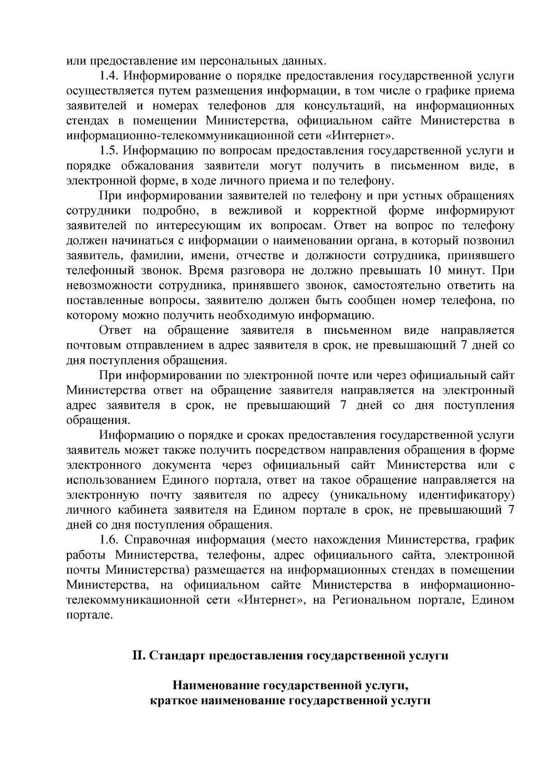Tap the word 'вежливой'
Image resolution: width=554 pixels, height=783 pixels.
tap(255, 211)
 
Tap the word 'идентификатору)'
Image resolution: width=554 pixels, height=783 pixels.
tap(466, 495)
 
